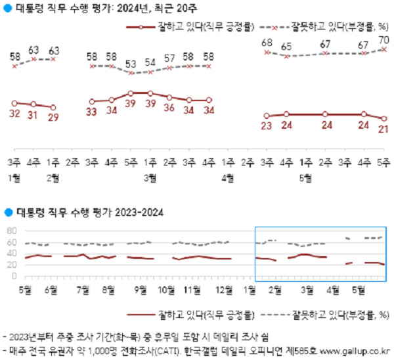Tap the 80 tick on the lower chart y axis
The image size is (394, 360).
coord(11,231)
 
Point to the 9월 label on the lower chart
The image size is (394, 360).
coord(139,288)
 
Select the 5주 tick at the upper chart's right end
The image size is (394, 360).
coord(383,162)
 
